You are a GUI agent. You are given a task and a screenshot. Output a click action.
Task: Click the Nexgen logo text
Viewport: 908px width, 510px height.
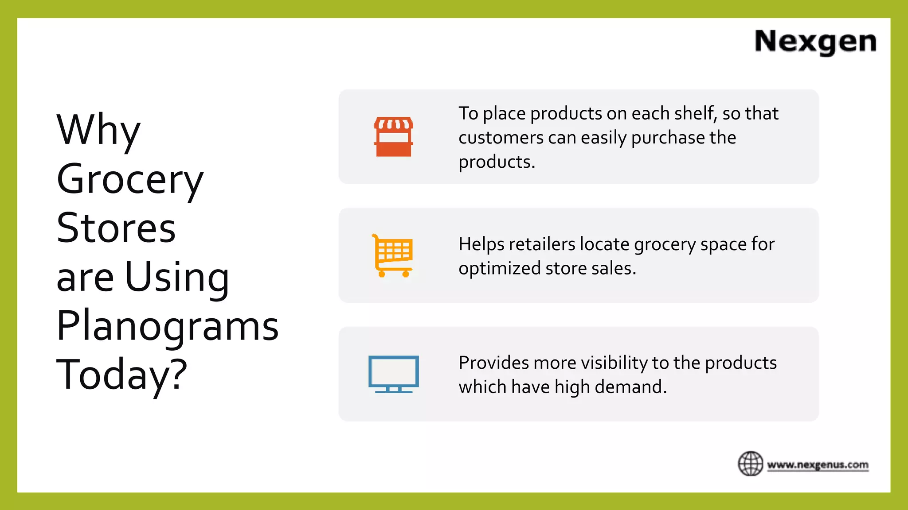coord(815,42)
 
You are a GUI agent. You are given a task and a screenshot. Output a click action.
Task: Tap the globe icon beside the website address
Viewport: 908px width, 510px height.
coord(750,464)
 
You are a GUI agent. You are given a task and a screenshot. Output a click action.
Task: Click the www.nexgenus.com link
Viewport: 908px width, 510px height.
coord(818,465)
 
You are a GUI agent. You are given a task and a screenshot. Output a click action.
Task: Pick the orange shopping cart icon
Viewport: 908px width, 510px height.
coord(392,255)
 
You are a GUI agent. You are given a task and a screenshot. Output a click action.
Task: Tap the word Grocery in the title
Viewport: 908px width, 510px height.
coord(130,179)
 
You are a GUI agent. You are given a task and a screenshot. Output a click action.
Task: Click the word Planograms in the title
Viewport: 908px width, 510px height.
coord(168,326)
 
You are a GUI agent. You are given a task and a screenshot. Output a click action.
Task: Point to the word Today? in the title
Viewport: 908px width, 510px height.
coord(122,375)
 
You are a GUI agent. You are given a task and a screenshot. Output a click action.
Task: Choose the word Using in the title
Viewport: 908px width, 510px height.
coord(177,277)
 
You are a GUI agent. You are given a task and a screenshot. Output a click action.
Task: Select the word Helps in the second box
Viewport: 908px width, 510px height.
coord(481,244)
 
